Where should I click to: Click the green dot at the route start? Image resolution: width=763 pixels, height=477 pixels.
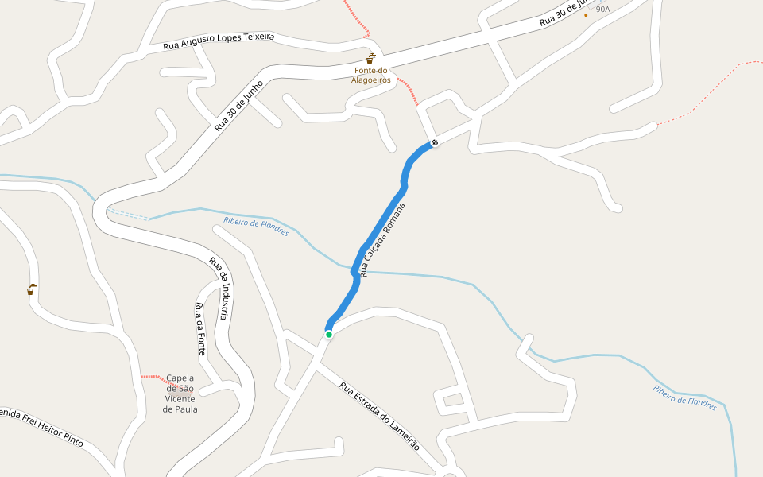(x=328, y=335)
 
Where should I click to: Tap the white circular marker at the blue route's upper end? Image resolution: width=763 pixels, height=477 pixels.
(x=435, y=143)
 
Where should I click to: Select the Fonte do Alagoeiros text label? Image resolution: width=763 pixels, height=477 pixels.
(x=371, y=75)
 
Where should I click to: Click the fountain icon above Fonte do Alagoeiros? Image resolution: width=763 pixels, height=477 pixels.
(x=371, y=58)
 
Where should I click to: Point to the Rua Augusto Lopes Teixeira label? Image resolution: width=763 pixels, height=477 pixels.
(x=219, y=41)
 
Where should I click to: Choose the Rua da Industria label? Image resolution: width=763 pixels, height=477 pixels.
(x=220, y=288)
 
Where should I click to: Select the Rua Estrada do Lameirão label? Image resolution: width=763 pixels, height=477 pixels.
(x=379, y=417)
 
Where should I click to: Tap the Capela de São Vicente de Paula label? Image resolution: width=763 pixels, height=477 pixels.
(x=180, y=394)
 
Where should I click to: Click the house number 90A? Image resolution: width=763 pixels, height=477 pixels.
(x=603, y=10)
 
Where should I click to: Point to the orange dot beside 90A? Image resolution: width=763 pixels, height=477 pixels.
(x=587, y=15)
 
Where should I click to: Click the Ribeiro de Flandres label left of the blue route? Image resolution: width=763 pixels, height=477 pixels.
(x=256, y=227)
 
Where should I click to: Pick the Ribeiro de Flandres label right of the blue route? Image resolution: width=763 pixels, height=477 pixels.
(x=684, y=397)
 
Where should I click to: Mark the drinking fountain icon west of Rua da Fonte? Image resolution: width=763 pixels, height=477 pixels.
(x=30, y=290)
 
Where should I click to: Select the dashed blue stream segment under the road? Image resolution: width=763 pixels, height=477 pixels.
(x=127, y=213)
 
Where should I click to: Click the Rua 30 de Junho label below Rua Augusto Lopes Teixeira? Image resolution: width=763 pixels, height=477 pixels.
(x=238, y=106)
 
